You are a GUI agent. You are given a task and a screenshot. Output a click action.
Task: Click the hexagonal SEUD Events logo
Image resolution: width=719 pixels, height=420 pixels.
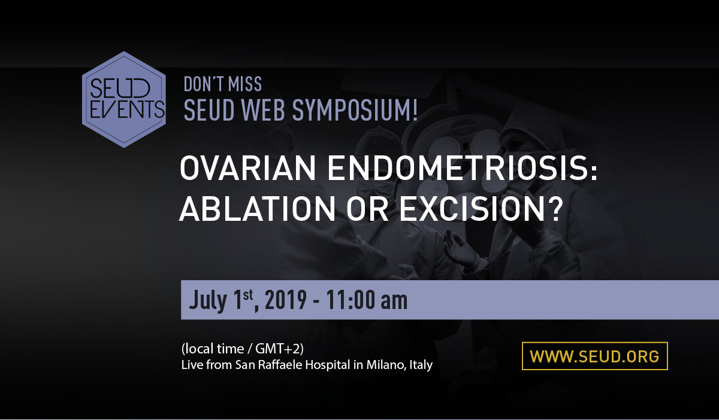(x=124, y=100)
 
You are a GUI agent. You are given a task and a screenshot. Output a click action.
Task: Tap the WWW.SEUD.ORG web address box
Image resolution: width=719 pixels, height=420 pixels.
(x=595, y=356)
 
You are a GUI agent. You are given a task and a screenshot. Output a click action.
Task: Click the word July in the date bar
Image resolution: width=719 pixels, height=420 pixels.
(x=208, y=301)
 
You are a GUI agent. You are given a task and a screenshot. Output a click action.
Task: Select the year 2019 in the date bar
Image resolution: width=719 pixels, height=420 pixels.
(x=286, y=300)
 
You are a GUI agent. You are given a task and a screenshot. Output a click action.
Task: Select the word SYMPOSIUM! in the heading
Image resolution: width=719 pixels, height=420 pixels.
(x=355, y=110)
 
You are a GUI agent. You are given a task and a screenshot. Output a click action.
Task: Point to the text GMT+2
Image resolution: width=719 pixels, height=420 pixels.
(x=277, y=349)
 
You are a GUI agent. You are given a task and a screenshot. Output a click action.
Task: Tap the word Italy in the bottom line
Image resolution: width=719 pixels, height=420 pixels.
(x=421, y=365)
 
